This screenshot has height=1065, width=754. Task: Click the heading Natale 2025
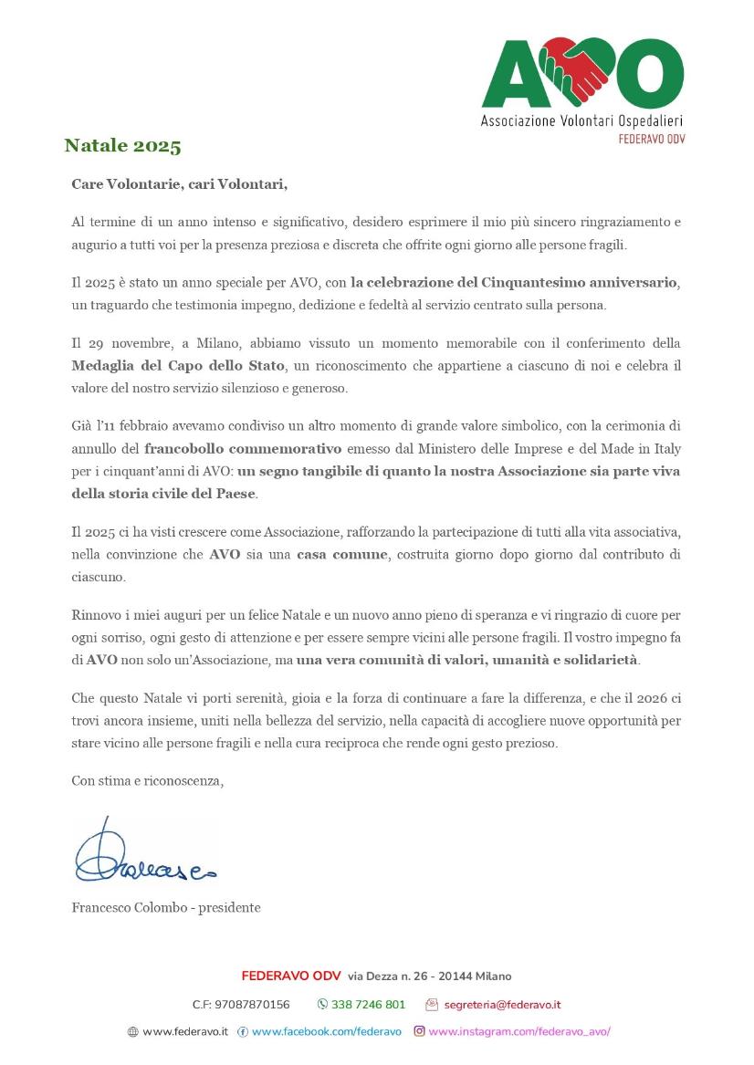(122, 146)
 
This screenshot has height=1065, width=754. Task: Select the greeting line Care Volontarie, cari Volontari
(179, 184)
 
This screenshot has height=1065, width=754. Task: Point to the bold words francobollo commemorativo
(243, 448)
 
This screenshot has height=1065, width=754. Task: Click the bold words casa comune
(341, 555)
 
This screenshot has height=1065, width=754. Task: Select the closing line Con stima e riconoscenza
(147, 780)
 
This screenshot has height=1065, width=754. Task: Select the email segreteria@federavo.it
(502, 1005)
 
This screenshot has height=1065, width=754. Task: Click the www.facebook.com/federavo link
(326, 1032)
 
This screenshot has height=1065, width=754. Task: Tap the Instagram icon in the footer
(420, 1031)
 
